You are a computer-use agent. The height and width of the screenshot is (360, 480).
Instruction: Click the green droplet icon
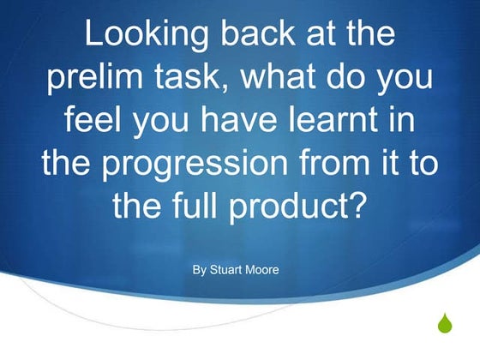tap(444, 324)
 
